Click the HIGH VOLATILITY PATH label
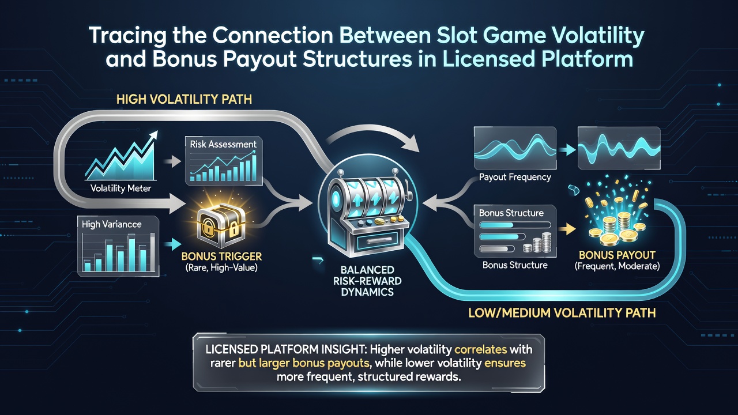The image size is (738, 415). (x=184, y=99)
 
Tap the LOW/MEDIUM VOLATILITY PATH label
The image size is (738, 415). (x=562, y=312)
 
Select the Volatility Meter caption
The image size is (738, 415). (x=121, y=188)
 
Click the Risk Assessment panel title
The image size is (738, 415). (x=223, y=144)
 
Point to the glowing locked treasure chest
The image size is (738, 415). (x=221, y=225)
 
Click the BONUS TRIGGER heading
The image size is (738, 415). (x=221, y=256)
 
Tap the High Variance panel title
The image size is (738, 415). (x=112, y=224)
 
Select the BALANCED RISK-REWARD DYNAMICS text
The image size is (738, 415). (x=367, y=281)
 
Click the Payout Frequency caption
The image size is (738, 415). (x=515, y=177)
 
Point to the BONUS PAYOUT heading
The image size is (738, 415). (x=617, y=255)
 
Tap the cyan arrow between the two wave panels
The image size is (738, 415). (x=566, y=150)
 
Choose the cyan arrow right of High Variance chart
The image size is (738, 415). (x=172, y=244)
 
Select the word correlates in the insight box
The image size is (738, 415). (x=480, y=349)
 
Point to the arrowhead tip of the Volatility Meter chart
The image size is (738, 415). (x=157, y=131)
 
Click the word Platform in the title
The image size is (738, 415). (x=587, y=59)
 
